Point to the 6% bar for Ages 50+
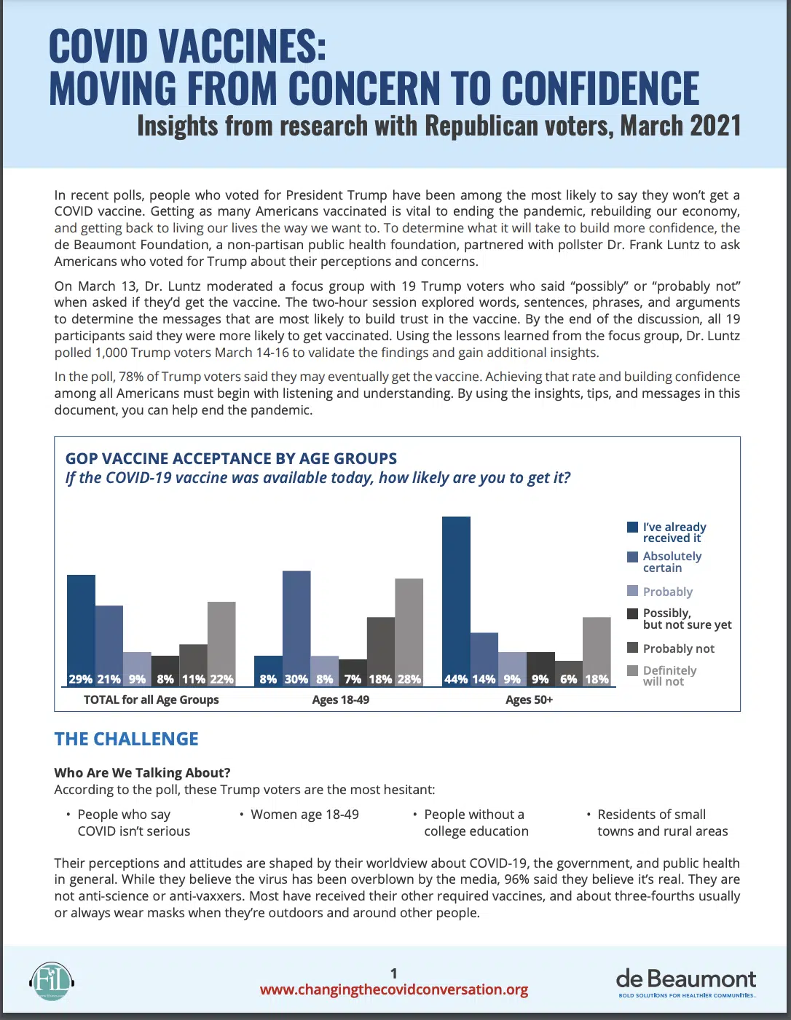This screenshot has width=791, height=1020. [569, 673]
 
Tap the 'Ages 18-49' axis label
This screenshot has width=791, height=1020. [340, 699]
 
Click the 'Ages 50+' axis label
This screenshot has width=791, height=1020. [529, 699]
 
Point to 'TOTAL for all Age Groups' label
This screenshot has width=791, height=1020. [151, 699]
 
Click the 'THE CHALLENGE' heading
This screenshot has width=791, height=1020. [126, 739]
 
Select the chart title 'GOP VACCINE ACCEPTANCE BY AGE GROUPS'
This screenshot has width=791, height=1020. [231, 458]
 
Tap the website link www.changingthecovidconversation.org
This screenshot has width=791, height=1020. [394, 989]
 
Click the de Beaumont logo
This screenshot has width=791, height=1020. [686, 981]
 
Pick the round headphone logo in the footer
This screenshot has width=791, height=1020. [52, 981]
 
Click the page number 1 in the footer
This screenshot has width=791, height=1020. [394, 973]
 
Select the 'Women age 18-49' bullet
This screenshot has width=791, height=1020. [304, 815]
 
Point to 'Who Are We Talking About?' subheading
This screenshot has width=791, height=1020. [142, 773]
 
